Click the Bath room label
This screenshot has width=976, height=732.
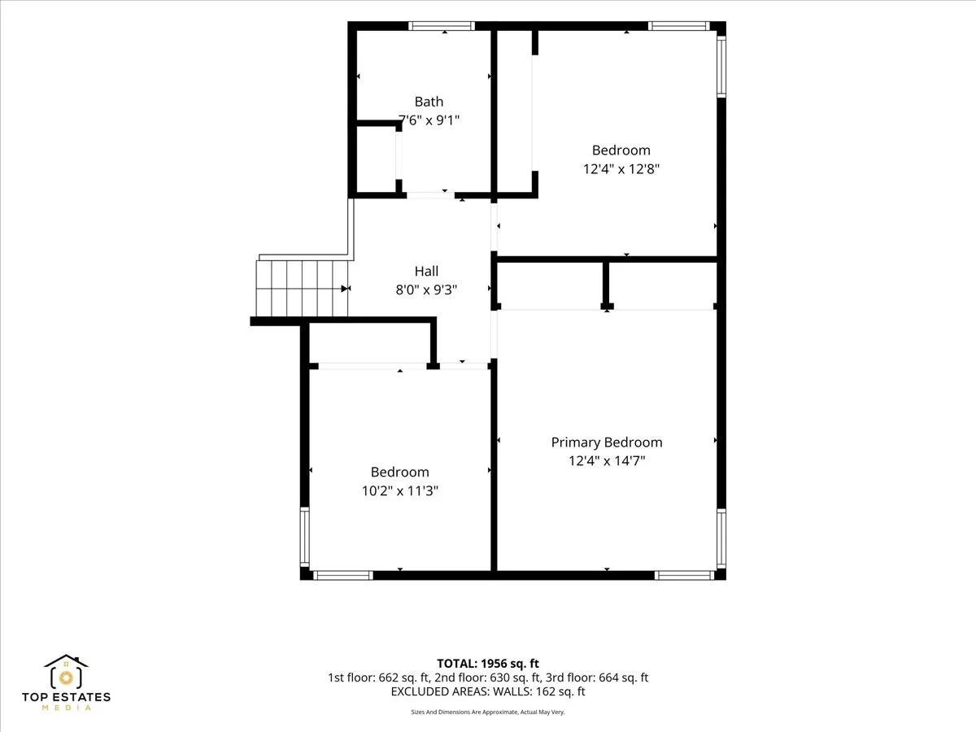pos(429,102)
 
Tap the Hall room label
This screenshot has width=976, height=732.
pos(426,271)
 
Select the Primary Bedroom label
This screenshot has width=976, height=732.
pos(607,442)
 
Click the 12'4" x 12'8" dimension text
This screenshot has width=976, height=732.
pos(621,169)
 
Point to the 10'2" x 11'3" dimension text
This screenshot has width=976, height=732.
pos(399,490)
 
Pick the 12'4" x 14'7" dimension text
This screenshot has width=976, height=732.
pos(607,460)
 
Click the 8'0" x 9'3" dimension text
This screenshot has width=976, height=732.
pos(426,290)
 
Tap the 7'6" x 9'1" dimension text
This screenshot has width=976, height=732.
pos(429,120)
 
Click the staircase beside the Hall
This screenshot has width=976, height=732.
pos(303,289)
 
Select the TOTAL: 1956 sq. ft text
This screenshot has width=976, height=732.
pos(488,664)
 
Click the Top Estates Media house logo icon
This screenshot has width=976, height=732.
pos(66,671)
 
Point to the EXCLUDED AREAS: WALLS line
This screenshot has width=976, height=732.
pos(488,691)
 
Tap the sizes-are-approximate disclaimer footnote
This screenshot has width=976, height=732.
pos(488,712)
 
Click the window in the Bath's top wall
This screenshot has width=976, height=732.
pos(442,26)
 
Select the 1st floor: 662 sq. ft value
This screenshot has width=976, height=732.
pos(378,678)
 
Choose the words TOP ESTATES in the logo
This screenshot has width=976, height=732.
pos(66,697)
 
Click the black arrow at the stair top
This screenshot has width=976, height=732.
pos(346,289)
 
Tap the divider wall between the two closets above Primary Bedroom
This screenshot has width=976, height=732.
pos(606,285)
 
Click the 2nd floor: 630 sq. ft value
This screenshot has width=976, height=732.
pos(488,678)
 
